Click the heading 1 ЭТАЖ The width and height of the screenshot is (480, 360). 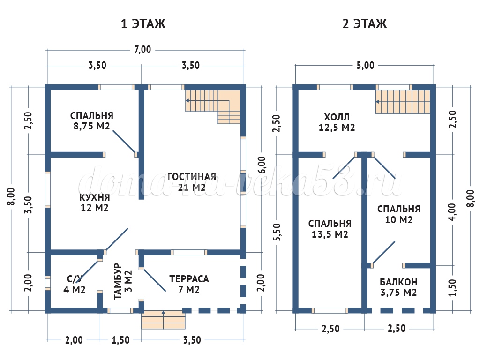coord(143,24)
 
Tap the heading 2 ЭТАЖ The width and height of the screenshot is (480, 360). coord(364,24)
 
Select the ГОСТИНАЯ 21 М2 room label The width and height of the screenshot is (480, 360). coord(192,182)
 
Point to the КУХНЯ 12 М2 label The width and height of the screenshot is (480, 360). coord(94,202)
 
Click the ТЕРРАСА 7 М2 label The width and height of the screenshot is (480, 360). coord(189,284)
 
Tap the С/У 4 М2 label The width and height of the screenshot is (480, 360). coord(74,284)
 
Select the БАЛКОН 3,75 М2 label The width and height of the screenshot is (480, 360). coord(398,287)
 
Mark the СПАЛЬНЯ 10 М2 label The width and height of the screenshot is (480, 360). coord(399,214)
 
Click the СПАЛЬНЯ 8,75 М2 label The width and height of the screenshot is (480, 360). coord(92,120)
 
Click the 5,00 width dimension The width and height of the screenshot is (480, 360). coord(365,65)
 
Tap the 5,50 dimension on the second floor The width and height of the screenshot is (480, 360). coord(277,231)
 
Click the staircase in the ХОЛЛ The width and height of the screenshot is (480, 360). coord(403,101)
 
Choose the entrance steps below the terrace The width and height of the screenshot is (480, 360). coord(164,320)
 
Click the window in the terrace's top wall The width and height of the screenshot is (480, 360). coord(189,252)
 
